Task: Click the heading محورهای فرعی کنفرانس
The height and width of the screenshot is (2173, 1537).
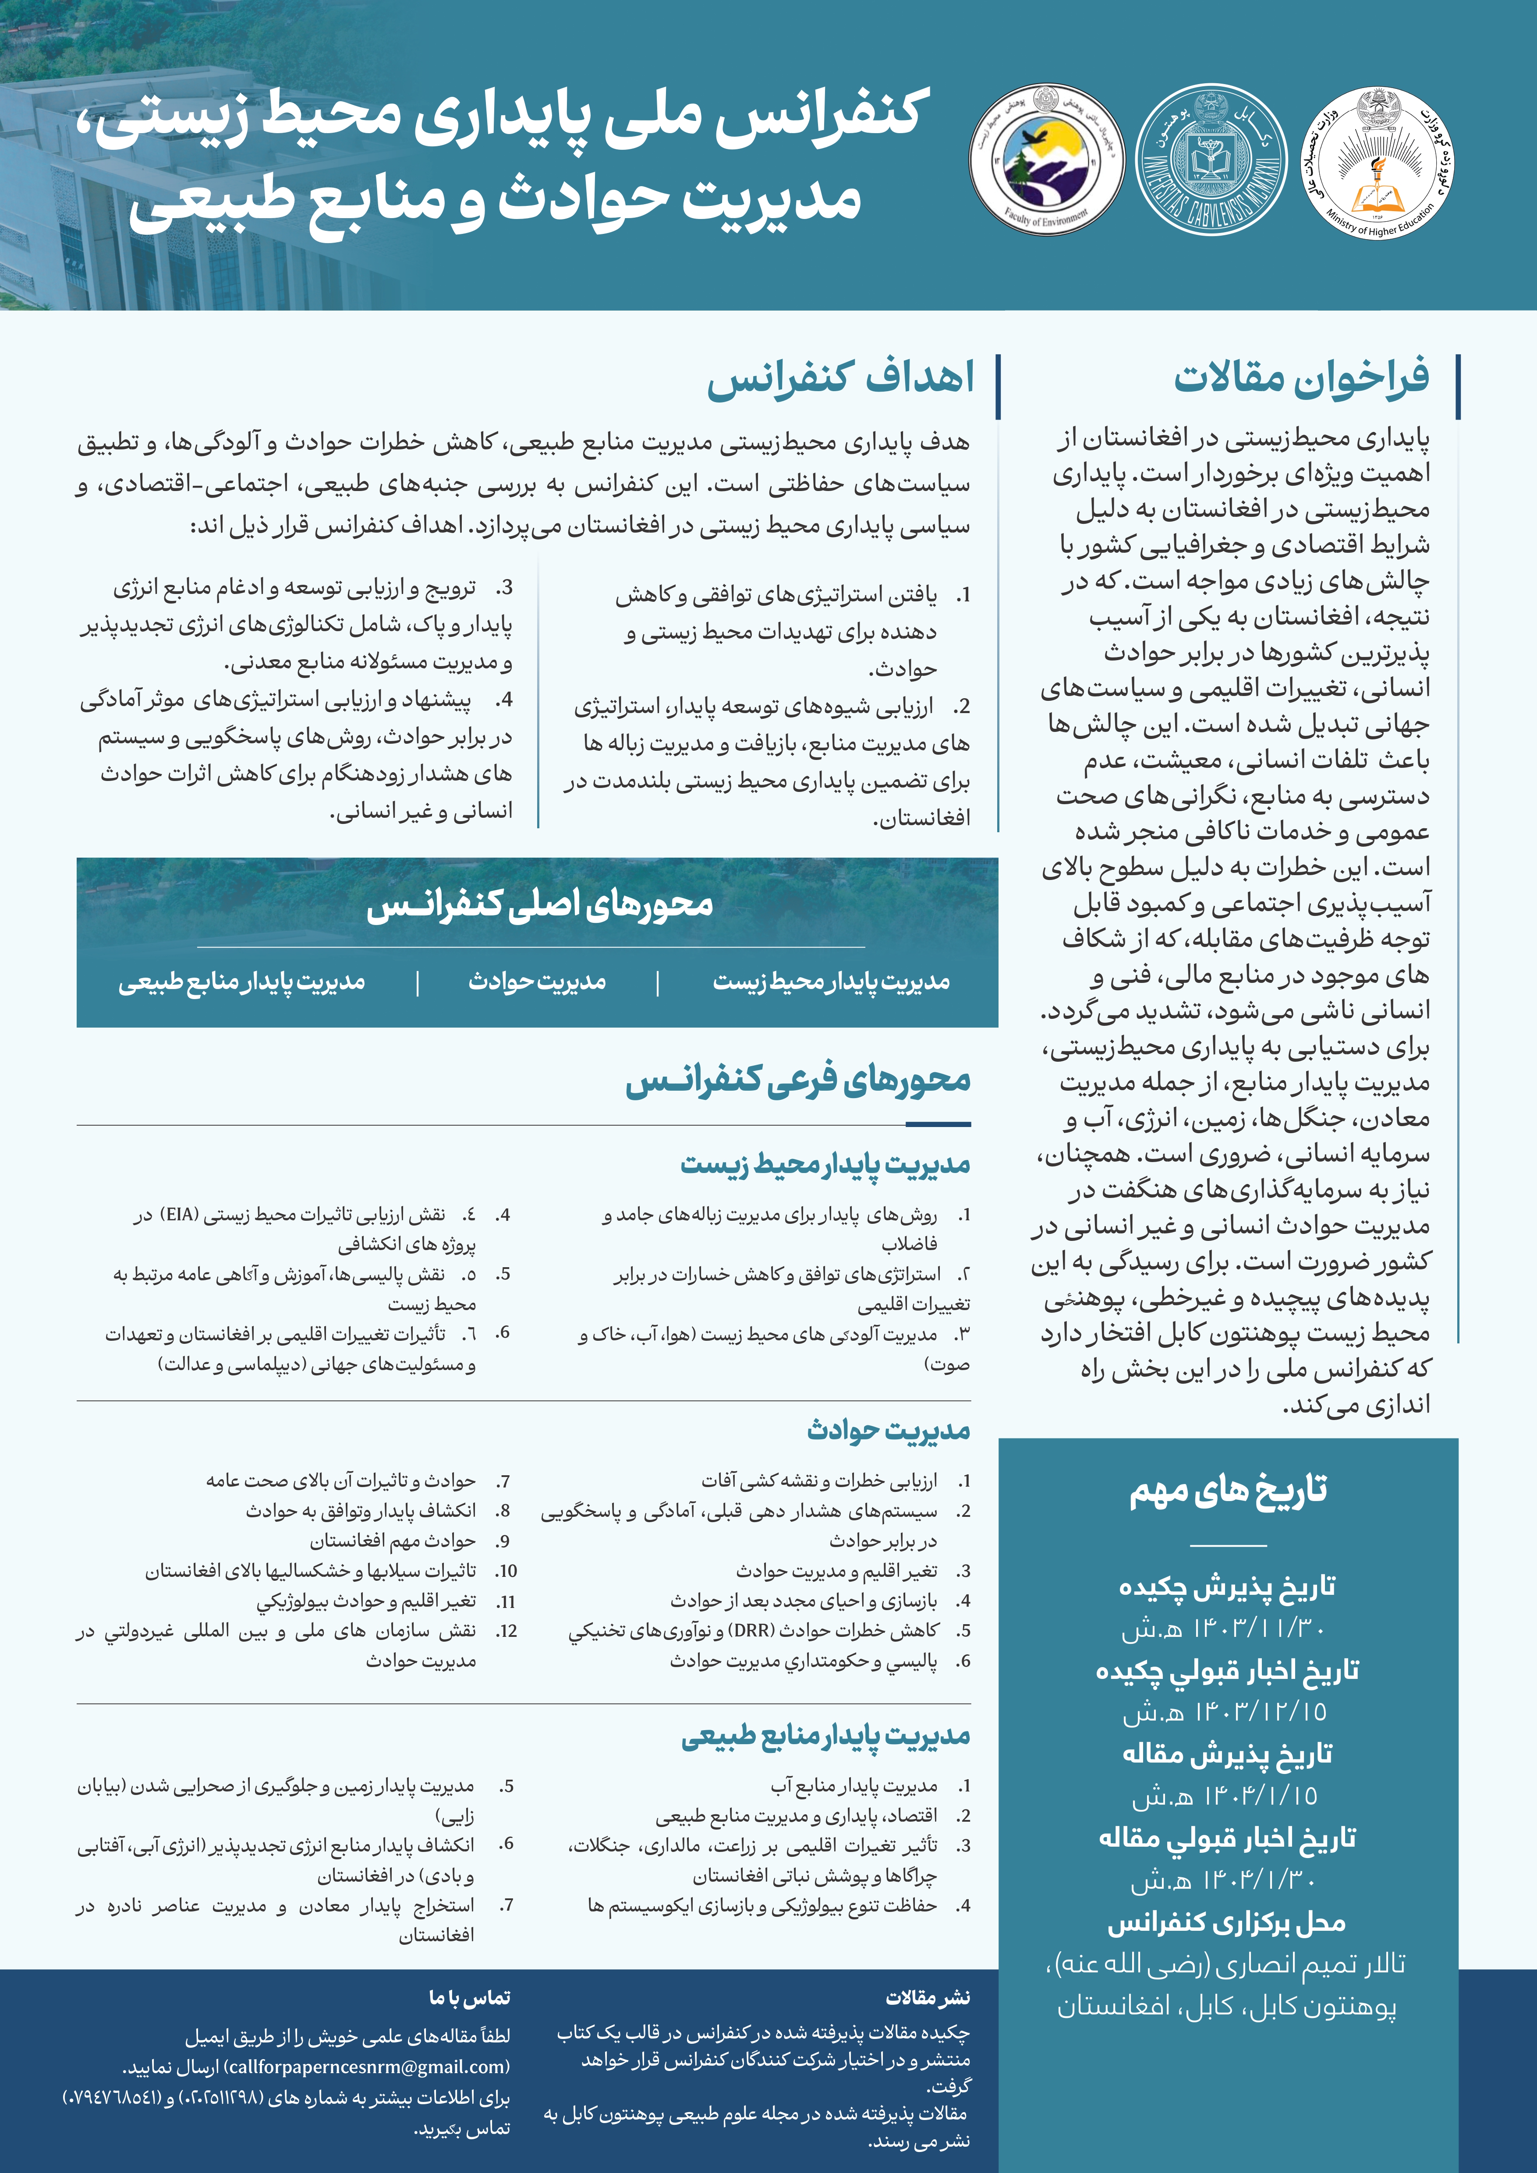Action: click(x=798, y=1081)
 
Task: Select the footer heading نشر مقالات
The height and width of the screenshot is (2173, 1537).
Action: click(x=928, y=1997)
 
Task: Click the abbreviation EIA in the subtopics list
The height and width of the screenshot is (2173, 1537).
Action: click(x=180, y=1214)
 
